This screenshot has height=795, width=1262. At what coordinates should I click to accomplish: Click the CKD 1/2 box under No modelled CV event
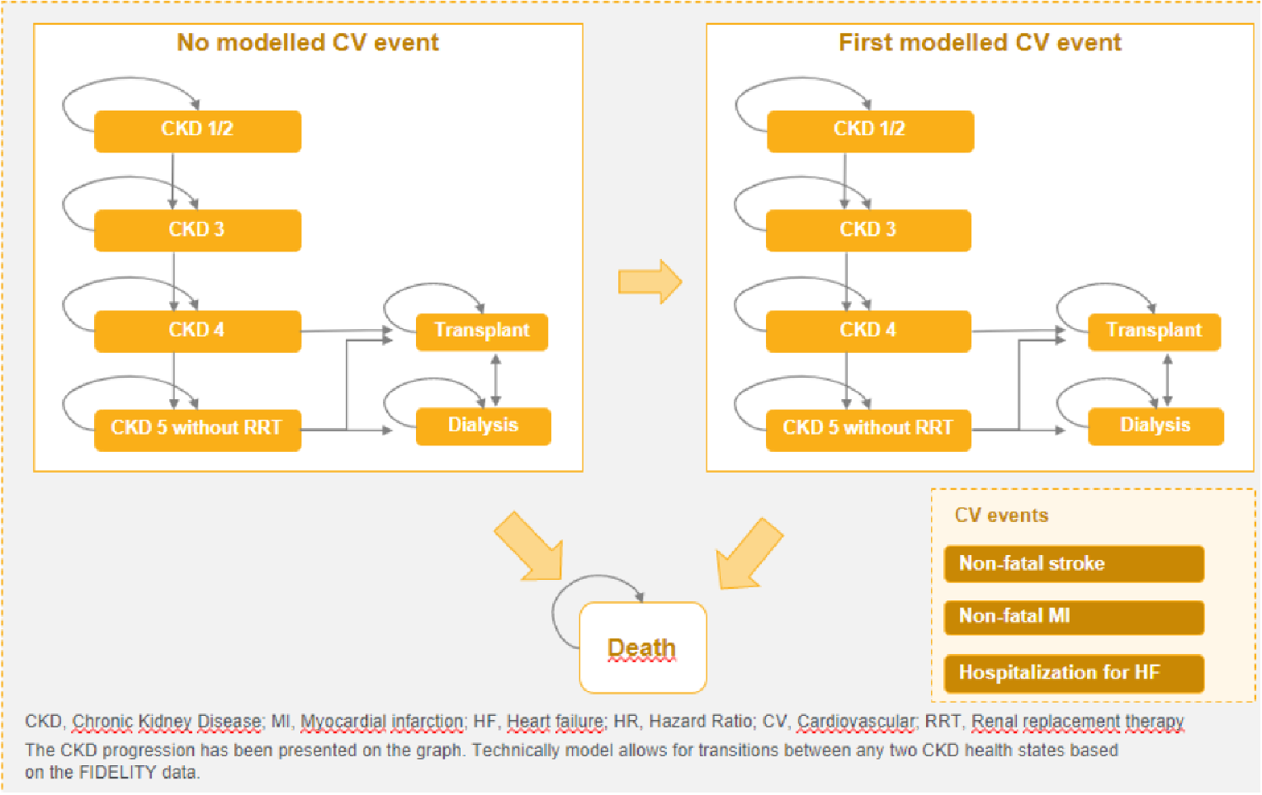click(x=197, y=131)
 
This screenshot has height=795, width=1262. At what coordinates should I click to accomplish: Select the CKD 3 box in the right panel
click(x=867, y=230)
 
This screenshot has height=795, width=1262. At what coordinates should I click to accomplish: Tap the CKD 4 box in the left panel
click(x=197, y=331)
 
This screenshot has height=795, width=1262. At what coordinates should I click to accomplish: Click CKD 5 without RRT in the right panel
click(x=867, y=430)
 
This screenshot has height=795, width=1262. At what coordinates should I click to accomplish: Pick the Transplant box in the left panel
click(x=481, y=332)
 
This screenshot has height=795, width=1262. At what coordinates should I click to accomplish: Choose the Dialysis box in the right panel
click(x=1155, y=426)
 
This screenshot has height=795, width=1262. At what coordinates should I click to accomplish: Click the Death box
click(x=642, y=648)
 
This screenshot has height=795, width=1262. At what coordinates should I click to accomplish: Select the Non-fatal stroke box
click(x=1073, y=564)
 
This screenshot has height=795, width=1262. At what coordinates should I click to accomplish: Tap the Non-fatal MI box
click(x=1073, y=617)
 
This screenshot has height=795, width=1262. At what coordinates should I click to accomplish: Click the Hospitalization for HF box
click(x=1073, y=673)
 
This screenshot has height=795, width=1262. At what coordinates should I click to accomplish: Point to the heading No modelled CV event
click(x=308, y=43)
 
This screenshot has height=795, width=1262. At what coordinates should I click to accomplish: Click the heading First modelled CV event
click(x=980, y=43)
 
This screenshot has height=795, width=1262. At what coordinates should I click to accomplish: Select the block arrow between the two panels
click(x=650, y=282)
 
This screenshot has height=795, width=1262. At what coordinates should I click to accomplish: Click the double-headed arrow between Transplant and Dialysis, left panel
click(x=495, y=379)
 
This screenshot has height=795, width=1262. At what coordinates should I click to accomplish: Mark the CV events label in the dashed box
click(x=1001, y=515)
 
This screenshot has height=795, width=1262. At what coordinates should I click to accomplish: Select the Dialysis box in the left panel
click(x=483, y=426)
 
